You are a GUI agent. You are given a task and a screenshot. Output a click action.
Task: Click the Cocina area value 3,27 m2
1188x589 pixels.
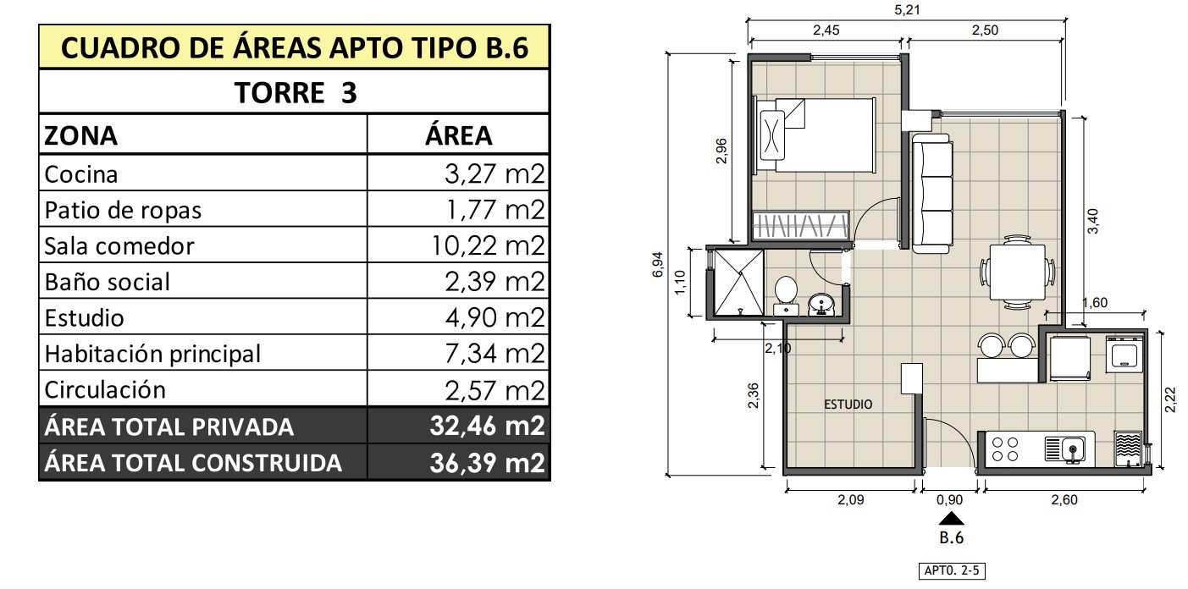click(495, 173)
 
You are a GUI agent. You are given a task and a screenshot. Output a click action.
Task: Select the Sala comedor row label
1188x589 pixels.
click(119, 246)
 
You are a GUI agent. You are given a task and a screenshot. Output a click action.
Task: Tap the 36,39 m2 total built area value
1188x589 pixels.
click(487, 463)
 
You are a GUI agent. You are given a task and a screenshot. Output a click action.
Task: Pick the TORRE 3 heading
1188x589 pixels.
click(296, 93)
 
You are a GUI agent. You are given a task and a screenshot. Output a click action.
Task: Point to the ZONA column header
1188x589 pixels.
click(80, 135)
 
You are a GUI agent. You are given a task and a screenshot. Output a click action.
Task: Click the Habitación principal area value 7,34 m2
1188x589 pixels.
click(495, 354)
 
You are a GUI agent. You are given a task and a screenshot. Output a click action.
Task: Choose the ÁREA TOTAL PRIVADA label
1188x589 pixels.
click(169, 427)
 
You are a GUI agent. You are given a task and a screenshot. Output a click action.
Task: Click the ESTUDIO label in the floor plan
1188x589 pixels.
click(848, 405)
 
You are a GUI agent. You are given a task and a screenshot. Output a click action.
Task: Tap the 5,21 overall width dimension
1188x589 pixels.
click(907, 9)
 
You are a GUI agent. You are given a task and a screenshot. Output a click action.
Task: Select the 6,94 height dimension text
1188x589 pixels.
click(658, 264)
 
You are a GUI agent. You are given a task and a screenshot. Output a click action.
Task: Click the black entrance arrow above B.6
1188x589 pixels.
click(952, 518)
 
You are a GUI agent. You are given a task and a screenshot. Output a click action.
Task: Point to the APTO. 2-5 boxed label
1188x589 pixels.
click(952, 570)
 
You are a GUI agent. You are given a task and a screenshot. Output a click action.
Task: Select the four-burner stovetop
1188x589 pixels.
click(1005, 449)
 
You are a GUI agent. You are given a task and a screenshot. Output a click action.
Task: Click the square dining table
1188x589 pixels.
click(1018, 272)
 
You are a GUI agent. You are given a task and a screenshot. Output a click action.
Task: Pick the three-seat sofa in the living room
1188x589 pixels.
click(931, 194)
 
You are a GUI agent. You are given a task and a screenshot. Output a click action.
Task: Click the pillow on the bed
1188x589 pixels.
click(772, 135)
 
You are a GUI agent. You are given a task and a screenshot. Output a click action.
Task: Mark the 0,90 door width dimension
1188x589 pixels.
click(949, 500)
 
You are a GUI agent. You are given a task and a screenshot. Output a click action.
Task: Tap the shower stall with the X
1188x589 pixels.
click(738, 283)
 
